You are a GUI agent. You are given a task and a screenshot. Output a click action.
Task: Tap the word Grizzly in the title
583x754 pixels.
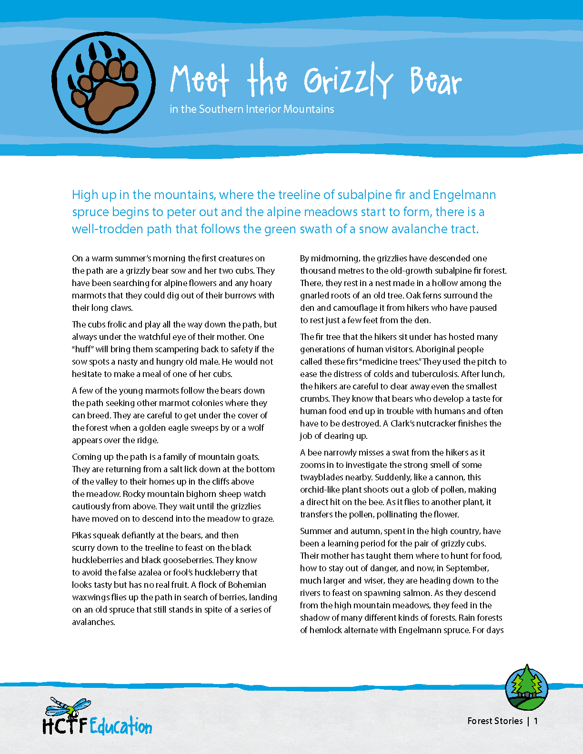[348, 81]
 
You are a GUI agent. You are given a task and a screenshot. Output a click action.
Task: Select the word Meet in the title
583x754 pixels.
[200, 79]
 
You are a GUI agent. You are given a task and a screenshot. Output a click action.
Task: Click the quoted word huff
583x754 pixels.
[83, 349]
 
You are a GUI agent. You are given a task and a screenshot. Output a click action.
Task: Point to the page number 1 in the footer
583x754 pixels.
[536, 721]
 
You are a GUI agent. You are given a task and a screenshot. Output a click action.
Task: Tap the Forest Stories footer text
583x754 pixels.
[495, 721]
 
